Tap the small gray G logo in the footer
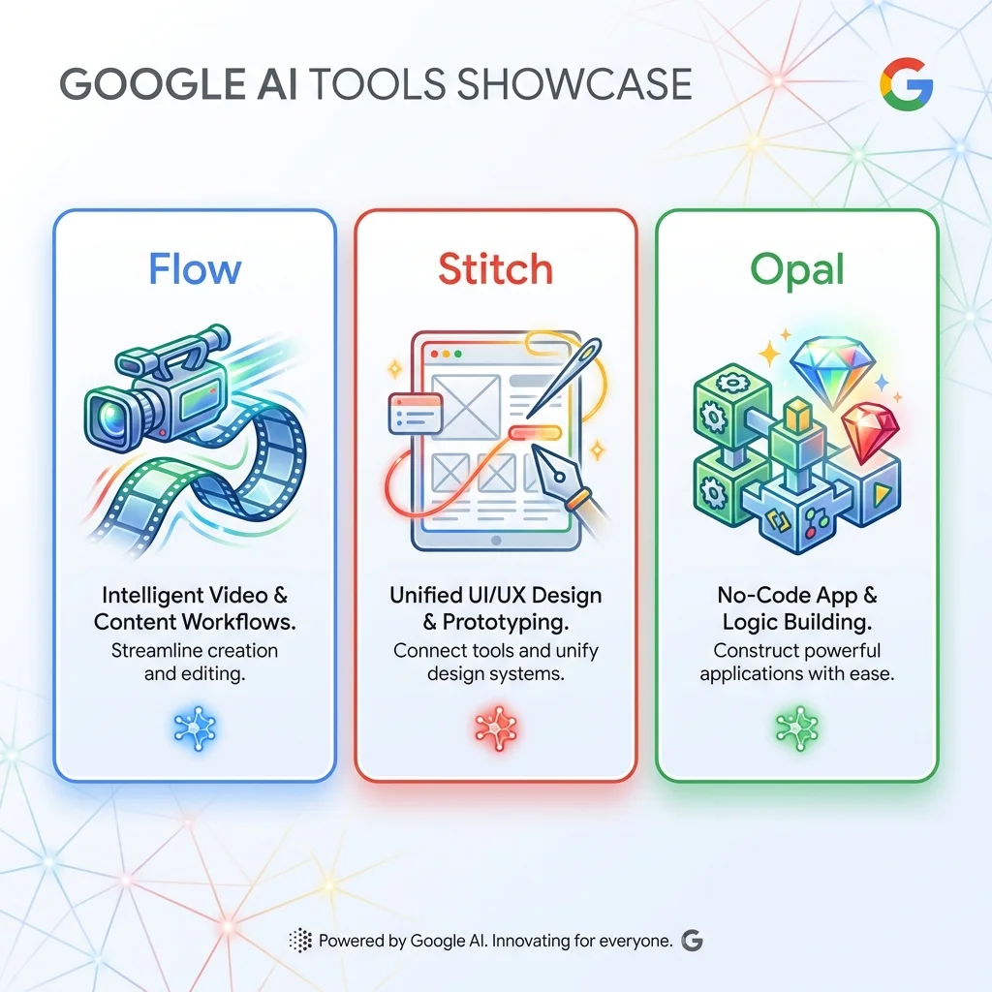(692, 940)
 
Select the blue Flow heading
(195, 268)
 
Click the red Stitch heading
(495, 268)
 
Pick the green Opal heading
(797, 270)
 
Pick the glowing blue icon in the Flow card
(195, 726)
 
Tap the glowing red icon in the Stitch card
(495, 726)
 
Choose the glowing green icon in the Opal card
(797, 726)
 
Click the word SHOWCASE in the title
(573, 85)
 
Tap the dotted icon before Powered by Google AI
(300, 940)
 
